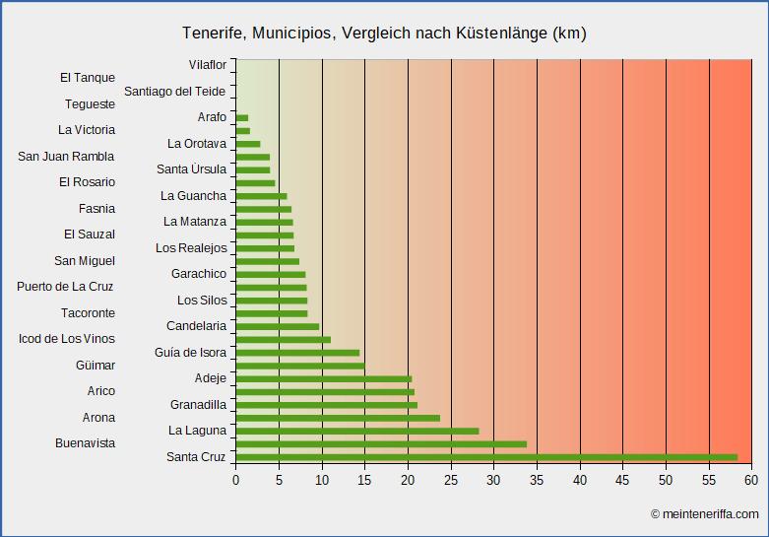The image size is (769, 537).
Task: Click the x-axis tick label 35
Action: point(537,480)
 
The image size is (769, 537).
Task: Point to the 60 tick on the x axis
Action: point(751,480)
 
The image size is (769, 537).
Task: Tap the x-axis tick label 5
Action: point(279,480)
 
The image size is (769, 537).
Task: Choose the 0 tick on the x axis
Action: point(236,480)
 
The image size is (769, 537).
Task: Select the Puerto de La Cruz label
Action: point(65,287)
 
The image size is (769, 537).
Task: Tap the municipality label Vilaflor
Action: point(207,65)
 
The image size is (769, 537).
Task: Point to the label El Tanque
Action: point(87,78)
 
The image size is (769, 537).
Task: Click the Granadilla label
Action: point(198,405)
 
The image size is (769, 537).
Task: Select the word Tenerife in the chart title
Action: point(213,34)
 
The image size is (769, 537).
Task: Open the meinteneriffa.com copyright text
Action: point(704,514)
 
